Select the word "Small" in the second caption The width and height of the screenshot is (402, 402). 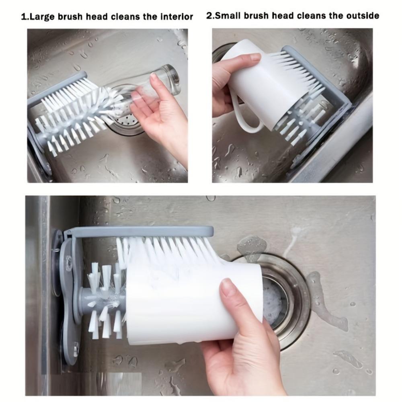click(228, 16)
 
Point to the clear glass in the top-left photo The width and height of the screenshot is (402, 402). click(161, 82)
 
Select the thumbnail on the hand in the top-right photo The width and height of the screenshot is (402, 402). click(255, 57)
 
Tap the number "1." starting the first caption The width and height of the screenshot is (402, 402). click(25, 17)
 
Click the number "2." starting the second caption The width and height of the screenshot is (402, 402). click(210, 16)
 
